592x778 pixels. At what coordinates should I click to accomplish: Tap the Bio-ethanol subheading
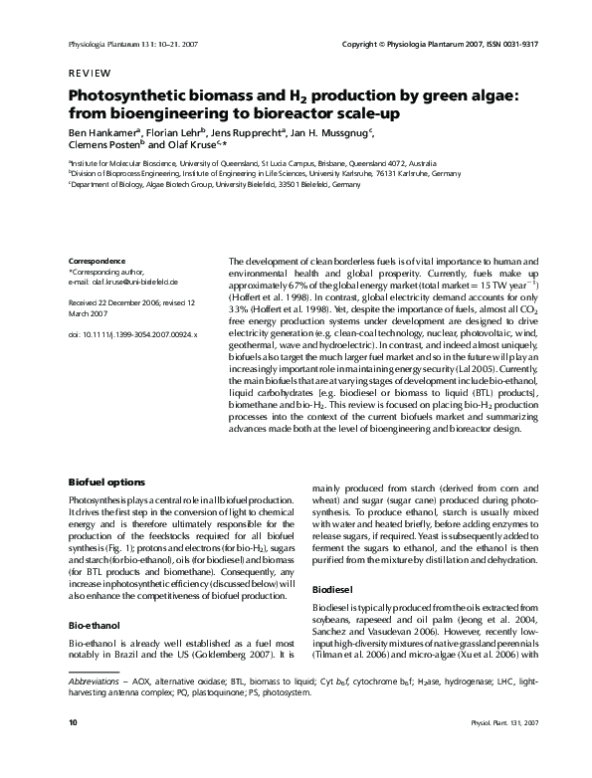point(95,627)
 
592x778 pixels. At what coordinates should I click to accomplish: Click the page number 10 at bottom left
point(73,748)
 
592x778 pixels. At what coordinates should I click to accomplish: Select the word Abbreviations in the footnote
point(95,709)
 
